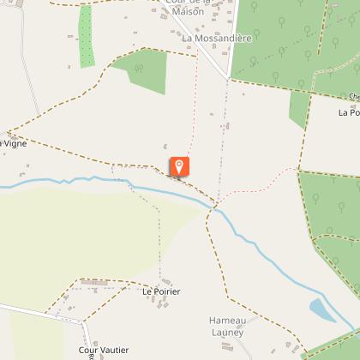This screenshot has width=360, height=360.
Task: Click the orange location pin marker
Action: click(x=179, y=166)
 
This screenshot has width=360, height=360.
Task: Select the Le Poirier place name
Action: click(x=161, y=291)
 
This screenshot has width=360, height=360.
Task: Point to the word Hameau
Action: click(x=228, y=320)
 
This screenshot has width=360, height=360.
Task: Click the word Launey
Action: click(x=228, y=331)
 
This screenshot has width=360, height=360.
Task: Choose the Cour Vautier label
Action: click(x=104, y=349)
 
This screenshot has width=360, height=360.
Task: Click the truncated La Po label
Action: click(x=348, y=111)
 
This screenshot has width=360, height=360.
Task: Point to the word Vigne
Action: click(x=15, y=143)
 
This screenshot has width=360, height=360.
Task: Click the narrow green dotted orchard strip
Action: click(x=85, y=36)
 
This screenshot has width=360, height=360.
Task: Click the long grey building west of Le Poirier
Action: click(x=93, y=282)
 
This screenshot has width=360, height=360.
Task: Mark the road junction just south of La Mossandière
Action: click(x=229, y=80)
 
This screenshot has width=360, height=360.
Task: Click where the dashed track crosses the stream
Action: click(x=213, y=207)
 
